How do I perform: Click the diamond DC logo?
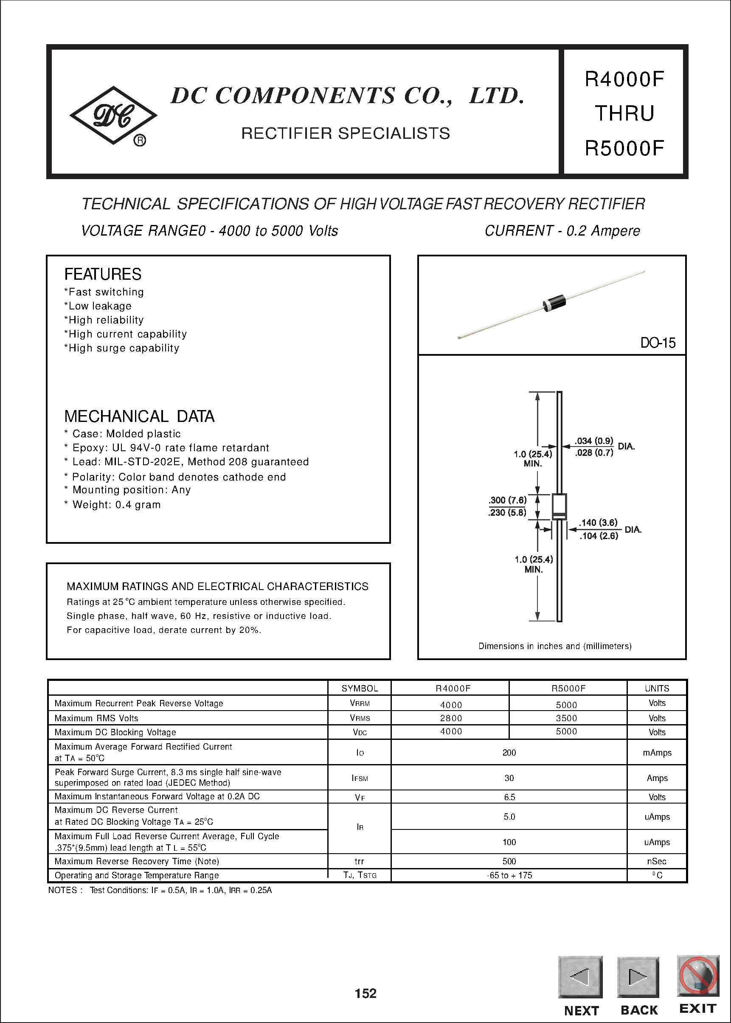(x=113, y=115)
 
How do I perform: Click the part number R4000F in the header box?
(x=624, y=79)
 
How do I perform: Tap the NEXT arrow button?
(x=580, y=977)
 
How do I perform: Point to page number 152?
(x=365, y=993)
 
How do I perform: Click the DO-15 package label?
(x=657, y=343)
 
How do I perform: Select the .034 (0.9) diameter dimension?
(x=594, y=441)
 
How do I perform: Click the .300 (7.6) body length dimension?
(x=507, y=500)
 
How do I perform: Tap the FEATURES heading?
(x=103, y=274)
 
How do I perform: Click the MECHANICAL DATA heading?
(x=139, y=416)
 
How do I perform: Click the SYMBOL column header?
(x=359, y=688)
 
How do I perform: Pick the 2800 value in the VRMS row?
(x=450, y=718)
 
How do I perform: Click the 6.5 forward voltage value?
(x=509, y=797)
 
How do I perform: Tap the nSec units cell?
(x=656, y=861)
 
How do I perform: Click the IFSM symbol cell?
(x=359, y=778)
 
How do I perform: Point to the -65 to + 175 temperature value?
(x=509, y=875)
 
